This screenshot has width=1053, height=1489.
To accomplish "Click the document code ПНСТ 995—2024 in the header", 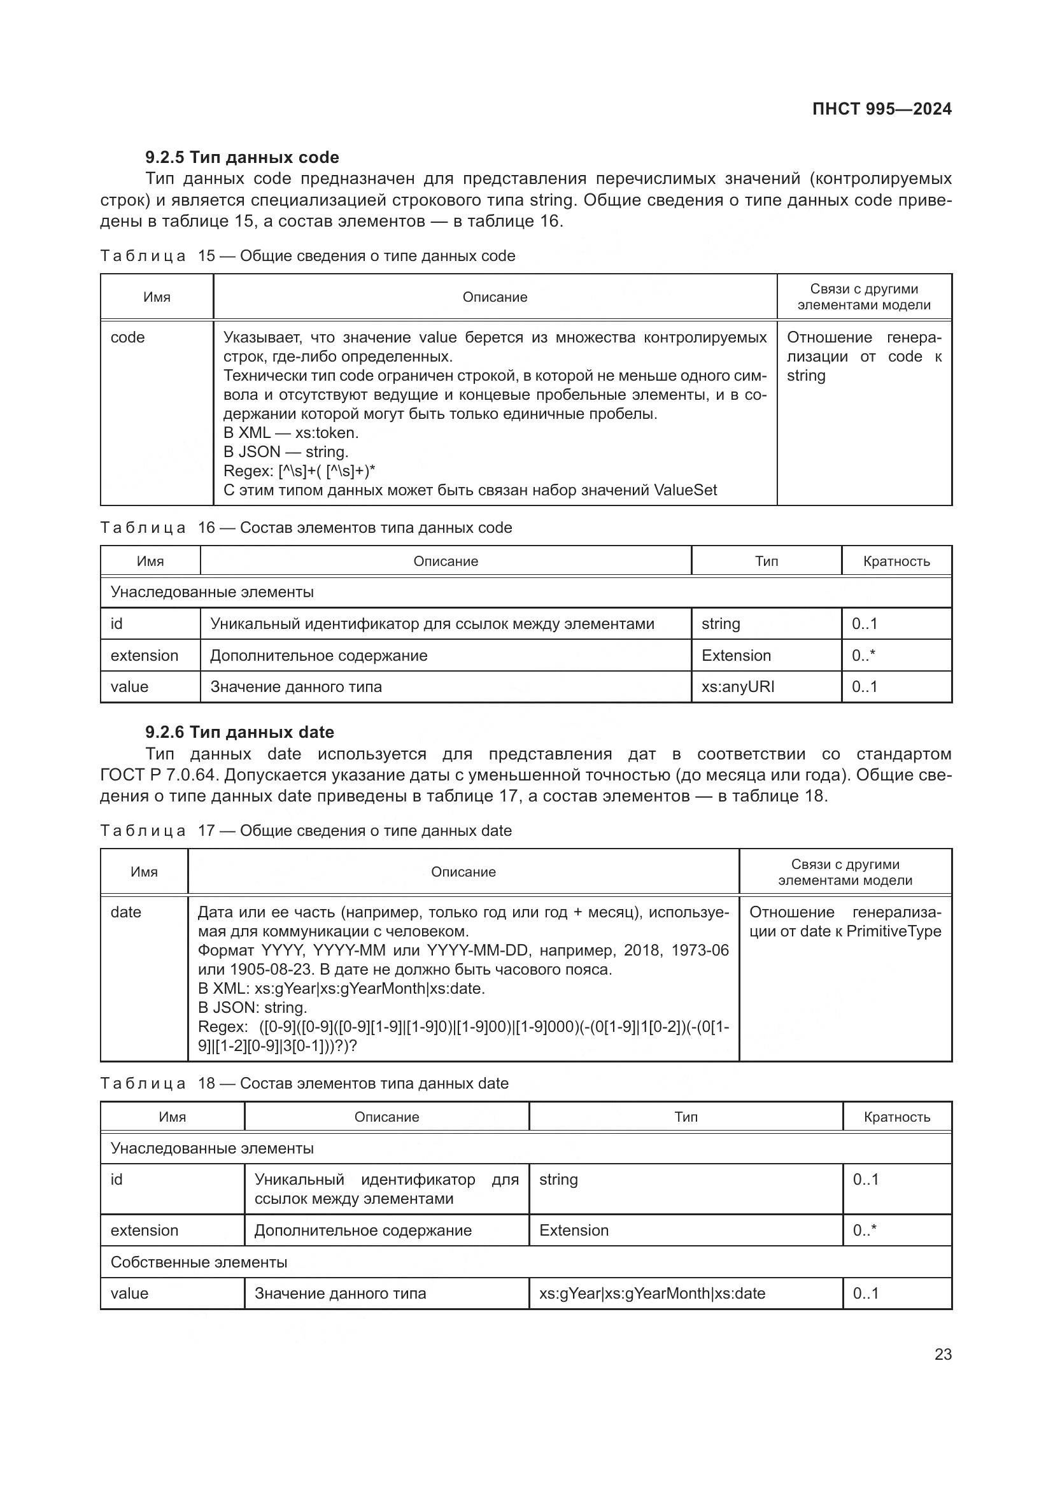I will click(881, 109).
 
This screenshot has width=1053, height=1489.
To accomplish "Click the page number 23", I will click(943, 1354).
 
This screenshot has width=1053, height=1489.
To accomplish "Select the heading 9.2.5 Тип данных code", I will click(242, 158).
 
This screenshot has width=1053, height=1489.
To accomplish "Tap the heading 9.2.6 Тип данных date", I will click(239, 732).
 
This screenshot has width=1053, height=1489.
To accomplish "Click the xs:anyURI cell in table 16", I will click(738, 687).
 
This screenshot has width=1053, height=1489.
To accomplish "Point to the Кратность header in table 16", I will click(896, 561).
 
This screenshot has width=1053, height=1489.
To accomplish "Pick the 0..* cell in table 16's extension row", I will click(863, 656).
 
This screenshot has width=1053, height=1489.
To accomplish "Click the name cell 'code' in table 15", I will click(128, 338).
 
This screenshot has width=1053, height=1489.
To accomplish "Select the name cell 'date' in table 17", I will click(126, 912).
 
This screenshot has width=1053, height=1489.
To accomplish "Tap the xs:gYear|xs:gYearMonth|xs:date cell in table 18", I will click(652, 1294).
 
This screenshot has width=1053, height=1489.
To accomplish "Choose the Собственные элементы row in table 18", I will click(199, 1262).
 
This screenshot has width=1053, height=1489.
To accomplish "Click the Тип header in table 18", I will click(686, 1117).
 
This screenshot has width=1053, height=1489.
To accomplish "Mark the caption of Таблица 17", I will click(306, 831).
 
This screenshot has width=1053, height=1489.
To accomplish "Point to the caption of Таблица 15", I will click(307, 256).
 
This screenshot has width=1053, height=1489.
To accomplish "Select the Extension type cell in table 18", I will click(574, 1231).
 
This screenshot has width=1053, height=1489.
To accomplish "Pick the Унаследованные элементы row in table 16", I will click(212, 592).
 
